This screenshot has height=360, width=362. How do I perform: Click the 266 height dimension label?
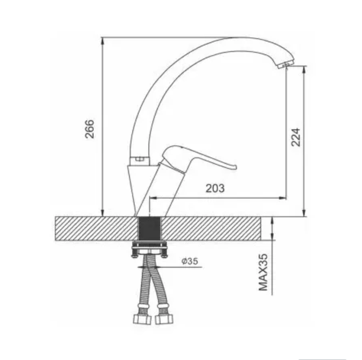(90, 129)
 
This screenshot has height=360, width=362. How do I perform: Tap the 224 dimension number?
(296, 137)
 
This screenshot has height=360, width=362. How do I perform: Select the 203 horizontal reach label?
(215, 188)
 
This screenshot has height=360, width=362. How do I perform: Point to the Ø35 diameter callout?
(189, 261)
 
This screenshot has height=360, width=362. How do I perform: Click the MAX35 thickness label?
(263, 272)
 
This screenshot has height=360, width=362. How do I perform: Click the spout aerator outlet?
(286, 65)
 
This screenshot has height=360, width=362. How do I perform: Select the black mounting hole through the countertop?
(149, 229)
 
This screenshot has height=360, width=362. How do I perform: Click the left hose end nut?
(142, 319)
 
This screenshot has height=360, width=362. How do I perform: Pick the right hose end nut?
(164, 319)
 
